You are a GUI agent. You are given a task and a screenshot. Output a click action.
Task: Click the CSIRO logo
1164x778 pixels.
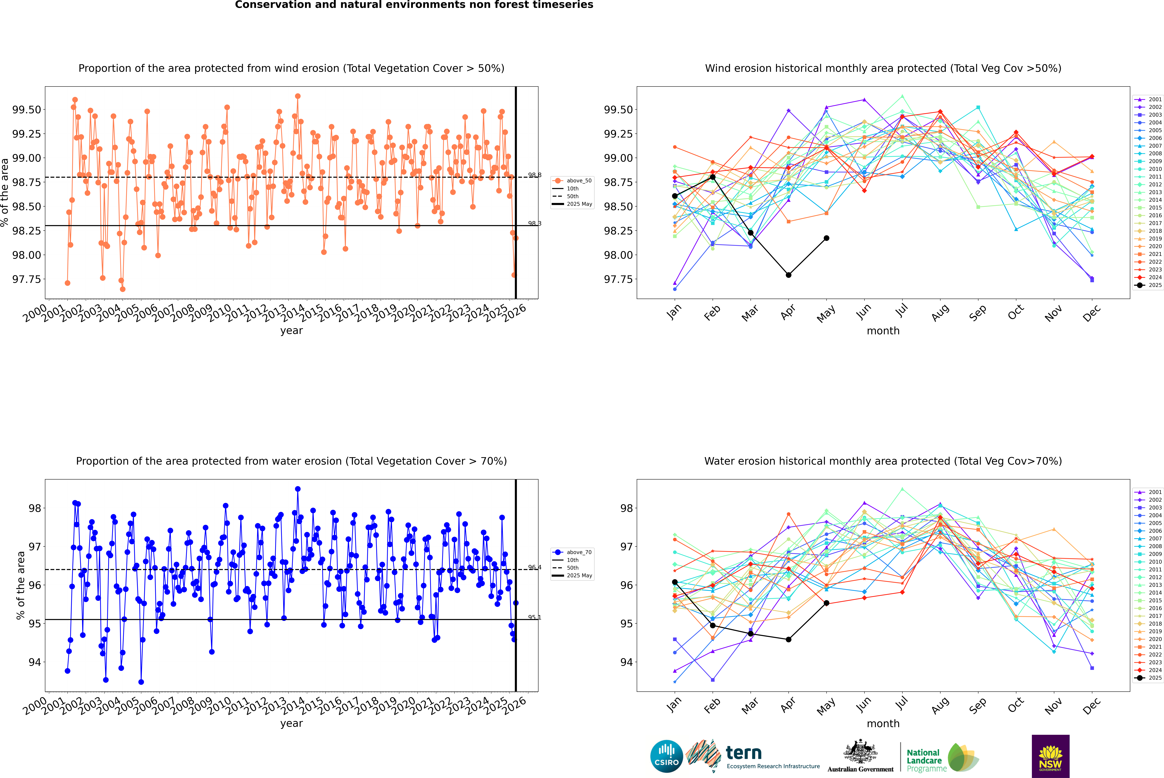tap(666, 756)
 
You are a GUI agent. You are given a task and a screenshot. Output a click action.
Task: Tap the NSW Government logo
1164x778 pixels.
tap(1050, 756)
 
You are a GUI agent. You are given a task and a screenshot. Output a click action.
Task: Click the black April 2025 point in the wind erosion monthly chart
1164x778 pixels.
tap(788, 275)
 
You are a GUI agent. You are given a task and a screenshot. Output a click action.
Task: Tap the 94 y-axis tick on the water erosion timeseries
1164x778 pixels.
tap(35, 662)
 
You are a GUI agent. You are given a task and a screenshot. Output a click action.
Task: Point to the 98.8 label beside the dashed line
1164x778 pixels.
tap(534, 175)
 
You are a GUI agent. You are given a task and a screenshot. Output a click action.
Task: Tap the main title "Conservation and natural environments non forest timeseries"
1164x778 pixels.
tap(414, 5)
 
